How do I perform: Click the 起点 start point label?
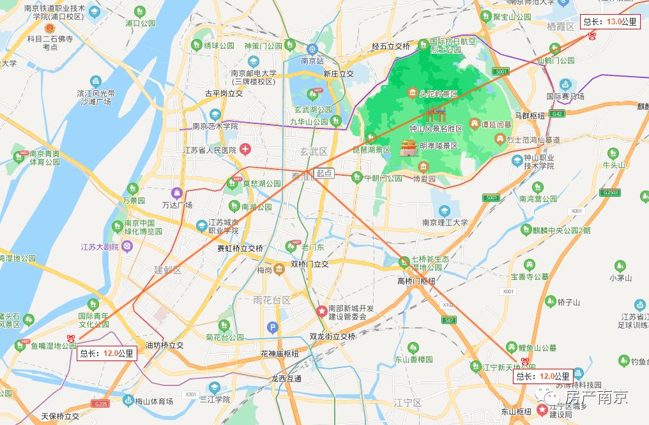(324, 173)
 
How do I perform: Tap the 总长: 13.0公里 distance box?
(610, 22)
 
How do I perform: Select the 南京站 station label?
(312, 61)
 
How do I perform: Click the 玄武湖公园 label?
(313, 109)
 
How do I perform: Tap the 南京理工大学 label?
(445, 223)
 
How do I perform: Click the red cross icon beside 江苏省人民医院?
(245, 150)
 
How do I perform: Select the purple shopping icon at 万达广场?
(175, 192)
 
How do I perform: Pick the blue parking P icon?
(273, 328)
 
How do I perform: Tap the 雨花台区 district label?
(271, 300)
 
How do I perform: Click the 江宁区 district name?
(408, 403)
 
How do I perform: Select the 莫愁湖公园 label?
(252, 183)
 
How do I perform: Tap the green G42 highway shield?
(557, 114)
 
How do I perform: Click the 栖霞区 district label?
(561, 26)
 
